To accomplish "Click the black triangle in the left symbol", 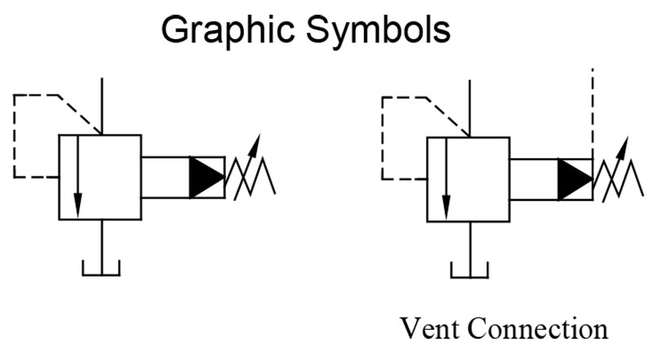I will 205,176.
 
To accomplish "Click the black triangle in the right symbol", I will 575,177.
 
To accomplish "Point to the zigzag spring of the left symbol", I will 253,179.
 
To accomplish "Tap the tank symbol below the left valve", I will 100,268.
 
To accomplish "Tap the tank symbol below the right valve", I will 469,268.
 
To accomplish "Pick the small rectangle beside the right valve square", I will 534,177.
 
